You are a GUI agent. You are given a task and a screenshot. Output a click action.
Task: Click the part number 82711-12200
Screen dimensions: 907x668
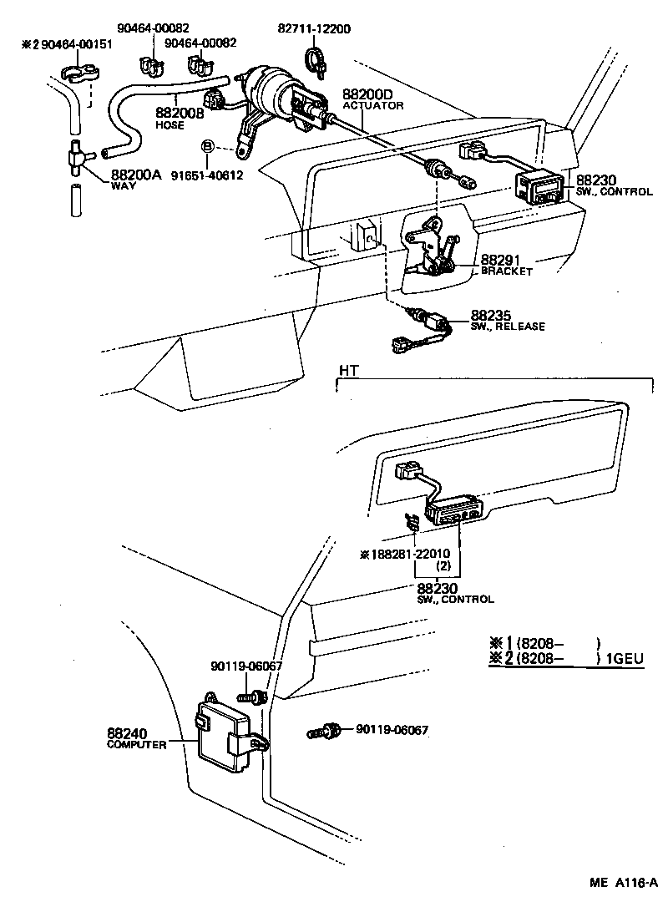tap(314, 28)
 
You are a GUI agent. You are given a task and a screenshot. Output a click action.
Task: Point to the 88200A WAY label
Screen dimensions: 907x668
tap(134, 180)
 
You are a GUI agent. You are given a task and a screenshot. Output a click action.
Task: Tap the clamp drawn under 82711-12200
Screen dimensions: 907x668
tap(316, 59)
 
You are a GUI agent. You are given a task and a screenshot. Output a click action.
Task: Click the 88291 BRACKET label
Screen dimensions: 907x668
tap(506, 266)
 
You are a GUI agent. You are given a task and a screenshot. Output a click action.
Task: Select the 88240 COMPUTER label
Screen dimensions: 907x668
tap(137, 738)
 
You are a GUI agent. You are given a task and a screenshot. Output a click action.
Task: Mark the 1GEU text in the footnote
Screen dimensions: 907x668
tap(626, 659)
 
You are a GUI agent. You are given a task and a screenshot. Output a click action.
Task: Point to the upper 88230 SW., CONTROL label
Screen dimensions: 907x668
tap(613, 186)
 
